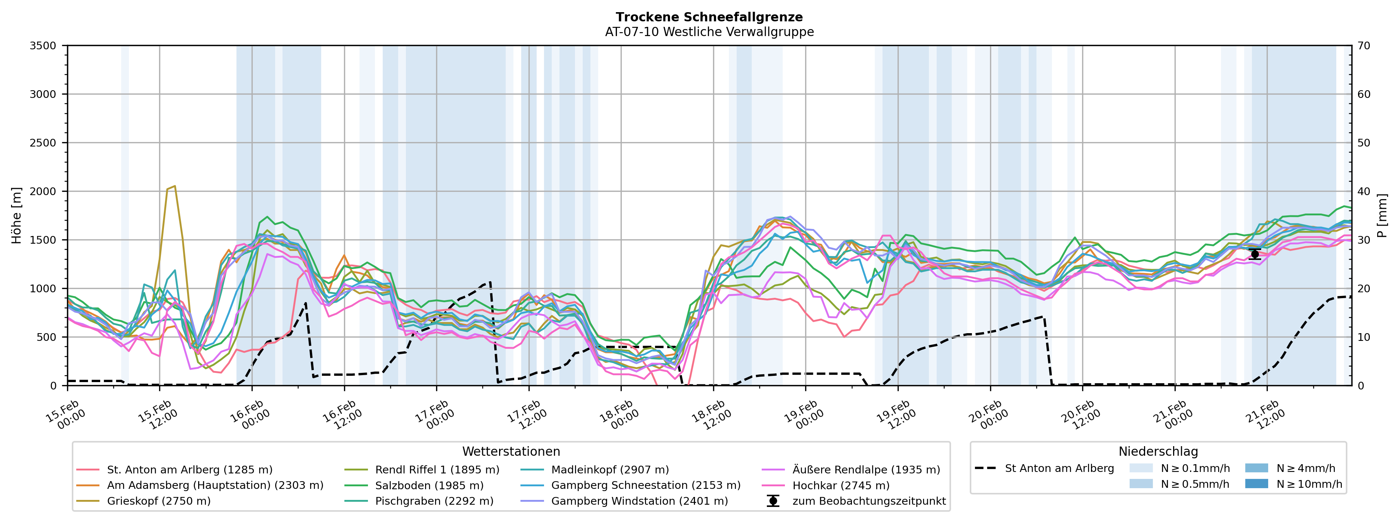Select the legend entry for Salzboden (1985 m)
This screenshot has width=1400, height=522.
point(429,485)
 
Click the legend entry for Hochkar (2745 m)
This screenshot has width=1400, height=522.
point(841,485)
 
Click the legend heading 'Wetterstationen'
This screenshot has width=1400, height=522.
point(511,451)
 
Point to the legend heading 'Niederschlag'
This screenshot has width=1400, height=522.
point(1158,451)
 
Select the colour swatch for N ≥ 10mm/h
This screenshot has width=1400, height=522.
point(1256,483)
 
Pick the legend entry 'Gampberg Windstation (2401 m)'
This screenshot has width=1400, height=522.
point(639,501)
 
